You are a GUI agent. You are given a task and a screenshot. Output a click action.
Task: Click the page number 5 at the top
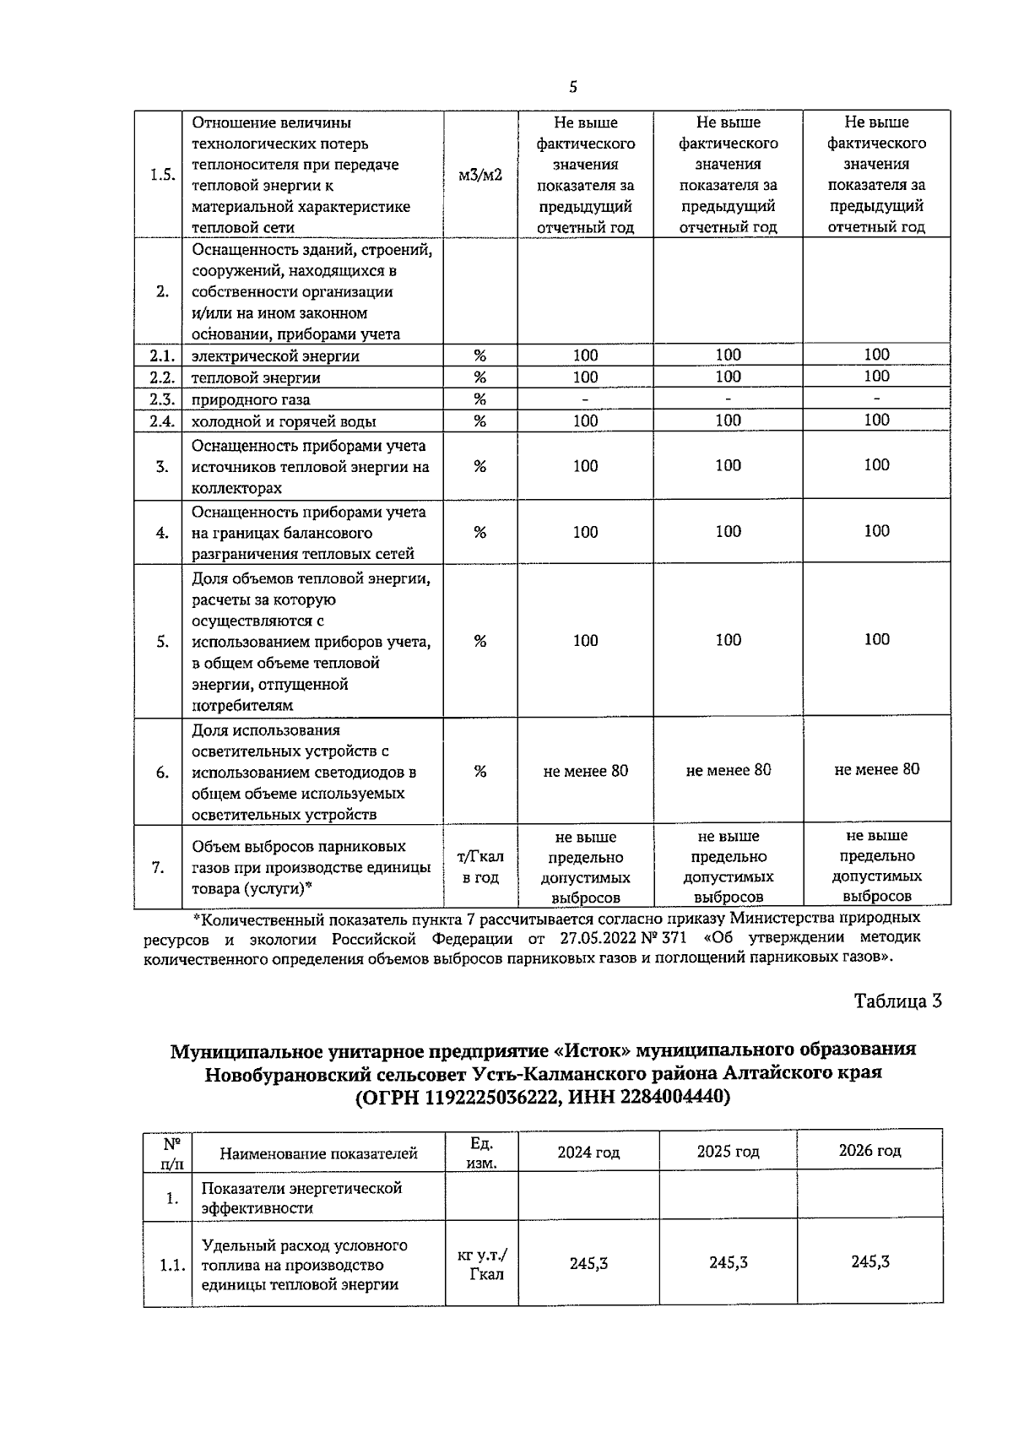[x=574, y=87]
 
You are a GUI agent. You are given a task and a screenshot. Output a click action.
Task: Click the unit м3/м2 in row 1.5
[x=479, y=176]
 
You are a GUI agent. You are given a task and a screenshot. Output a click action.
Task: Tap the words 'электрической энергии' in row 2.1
[x=275, y=356]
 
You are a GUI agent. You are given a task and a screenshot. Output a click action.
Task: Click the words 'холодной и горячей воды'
[x=284, y=421]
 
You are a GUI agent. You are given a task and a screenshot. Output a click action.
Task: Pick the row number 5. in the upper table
[x=162, y=642]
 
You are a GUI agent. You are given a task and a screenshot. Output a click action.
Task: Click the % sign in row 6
[x=479, y=771]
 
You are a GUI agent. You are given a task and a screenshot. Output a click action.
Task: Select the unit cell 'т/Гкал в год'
[x=479, y=867]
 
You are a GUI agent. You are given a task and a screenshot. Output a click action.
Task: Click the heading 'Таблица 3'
[x=897, y=1001]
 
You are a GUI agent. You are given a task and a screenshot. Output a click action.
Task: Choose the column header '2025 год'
[x=728, y=1152]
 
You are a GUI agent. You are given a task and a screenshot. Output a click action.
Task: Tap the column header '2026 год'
[x=869, y=1151]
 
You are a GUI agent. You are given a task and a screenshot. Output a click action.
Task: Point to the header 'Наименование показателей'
[x=318, y=1153]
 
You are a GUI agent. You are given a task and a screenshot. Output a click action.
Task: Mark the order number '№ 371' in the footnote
[x=656, y=938]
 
